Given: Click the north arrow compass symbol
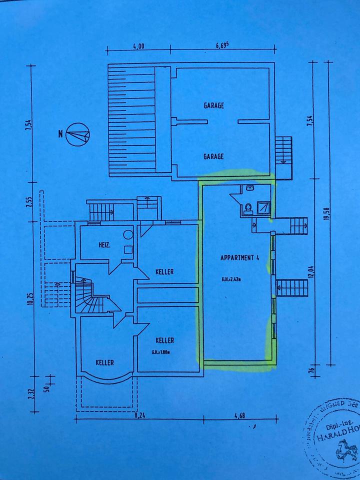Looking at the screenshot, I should tap(77, 134).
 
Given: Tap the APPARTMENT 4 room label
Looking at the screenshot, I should tap(239, 258).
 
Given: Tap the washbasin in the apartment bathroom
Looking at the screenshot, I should tap(249, 188).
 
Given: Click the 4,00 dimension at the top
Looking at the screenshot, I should tap(138, 46).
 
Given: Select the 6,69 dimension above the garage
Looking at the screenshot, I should tap(222, 45).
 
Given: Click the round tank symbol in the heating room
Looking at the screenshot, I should tap(128, 234).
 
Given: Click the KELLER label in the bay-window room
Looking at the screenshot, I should tap(105, 362).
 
